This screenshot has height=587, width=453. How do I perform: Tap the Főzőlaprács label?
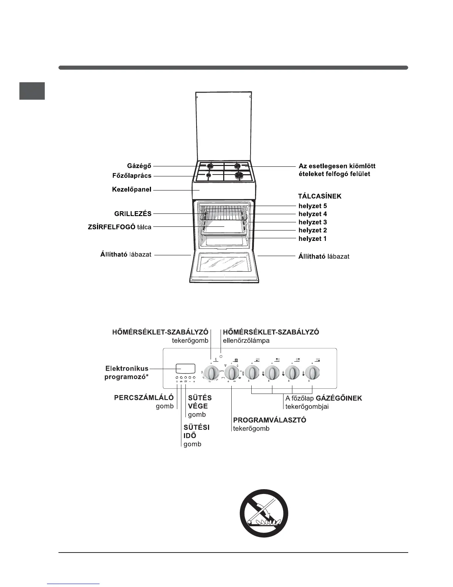click(132, 176)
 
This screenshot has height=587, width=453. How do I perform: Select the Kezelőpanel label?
click(131, 190)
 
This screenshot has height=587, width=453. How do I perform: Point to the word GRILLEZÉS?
click(132, 213)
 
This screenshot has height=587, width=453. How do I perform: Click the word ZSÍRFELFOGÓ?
click(108, 227)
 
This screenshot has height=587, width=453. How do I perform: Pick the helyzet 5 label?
click(313, 206)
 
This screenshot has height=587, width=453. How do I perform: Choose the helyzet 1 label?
click(313, 239)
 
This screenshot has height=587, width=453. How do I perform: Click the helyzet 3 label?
click(313, 222)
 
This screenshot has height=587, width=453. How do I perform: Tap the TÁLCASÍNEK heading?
click(320, 196)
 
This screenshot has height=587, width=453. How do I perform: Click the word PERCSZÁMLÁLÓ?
click(144, 398)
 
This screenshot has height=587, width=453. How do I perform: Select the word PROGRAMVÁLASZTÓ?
click(269, 420)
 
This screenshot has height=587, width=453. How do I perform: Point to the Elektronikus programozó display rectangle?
click(185, 369)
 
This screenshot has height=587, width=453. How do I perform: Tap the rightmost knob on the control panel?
click(313, 373)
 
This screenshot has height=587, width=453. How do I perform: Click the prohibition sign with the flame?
click(264, 513)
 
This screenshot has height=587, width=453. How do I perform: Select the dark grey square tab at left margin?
click(32, 91)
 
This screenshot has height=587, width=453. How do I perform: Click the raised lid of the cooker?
click(224, 126)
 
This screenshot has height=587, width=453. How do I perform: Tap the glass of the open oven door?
click(224, 264)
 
